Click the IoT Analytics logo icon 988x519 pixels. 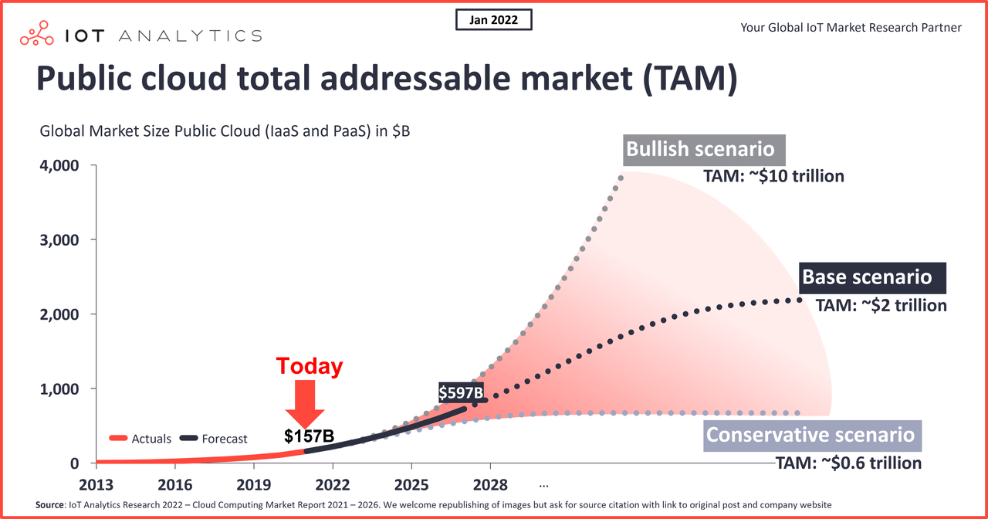(x=41, y=36)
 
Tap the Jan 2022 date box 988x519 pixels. (x=494, y=20)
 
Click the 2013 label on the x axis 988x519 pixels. (x=96, y=484)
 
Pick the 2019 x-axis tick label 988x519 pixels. (x=253, y=484)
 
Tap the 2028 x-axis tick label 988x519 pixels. (x=490, y=484)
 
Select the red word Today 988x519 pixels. (x=309, y=366)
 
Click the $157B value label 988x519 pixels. (x=309, y=436)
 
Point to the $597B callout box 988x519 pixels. (x=461, y=392)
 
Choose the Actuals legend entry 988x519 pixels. (x=141, y=439)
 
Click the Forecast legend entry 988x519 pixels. (x=214, y=439)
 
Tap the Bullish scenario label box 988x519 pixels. (x=700, y=149)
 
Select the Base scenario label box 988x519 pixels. (x=867, y=276)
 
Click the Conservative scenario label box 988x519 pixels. (x=810, y=435)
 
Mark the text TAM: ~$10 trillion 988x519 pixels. (x=773, y=176)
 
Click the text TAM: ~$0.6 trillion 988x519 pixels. (x=848, y=463)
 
